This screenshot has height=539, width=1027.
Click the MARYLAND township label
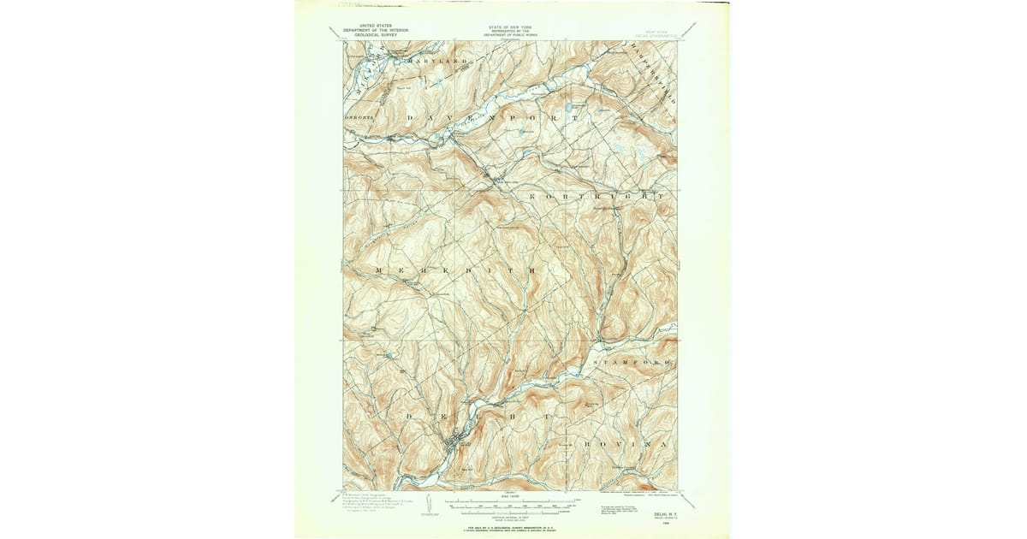pos(438,62)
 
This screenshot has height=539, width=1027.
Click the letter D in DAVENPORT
pos(410,117)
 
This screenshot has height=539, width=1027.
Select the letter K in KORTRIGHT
pos(533,197)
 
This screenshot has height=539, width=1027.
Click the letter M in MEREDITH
pos(378,270)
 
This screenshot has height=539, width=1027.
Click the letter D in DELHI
pos(409,414)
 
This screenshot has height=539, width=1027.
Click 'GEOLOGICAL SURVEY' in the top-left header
pos(368,34)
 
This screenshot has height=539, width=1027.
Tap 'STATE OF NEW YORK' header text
pos(509,27)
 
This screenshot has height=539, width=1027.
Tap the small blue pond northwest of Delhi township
pos(389,354)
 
